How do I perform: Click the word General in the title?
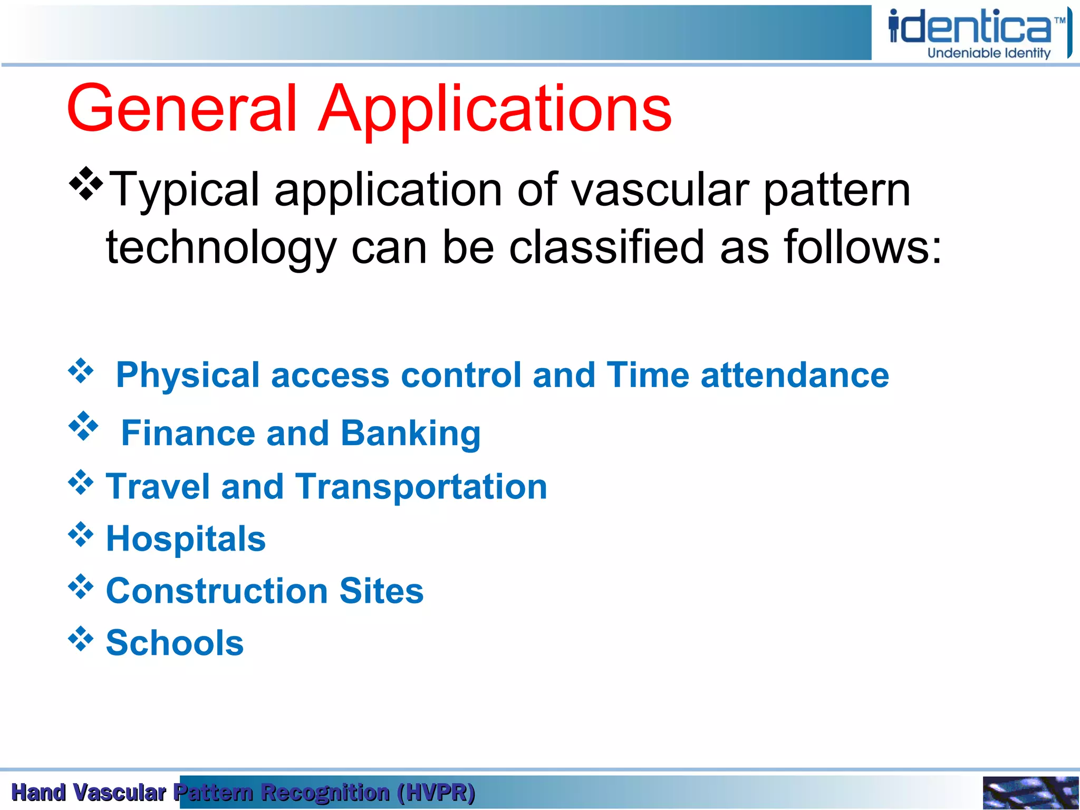pos(182,110)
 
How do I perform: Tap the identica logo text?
pos(970,27)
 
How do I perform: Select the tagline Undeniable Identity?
pos(989,53)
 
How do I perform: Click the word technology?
pos(221,248)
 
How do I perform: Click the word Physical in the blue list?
pos(188,375)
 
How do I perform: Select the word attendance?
pos(795,375)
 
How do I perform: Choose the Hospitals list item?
pos(186,539)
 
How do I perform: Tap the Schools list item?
pos(175,643)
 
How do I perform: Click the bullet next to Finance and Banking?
pos(83,426)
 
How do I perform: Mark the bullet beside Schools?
pos(81,639)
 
